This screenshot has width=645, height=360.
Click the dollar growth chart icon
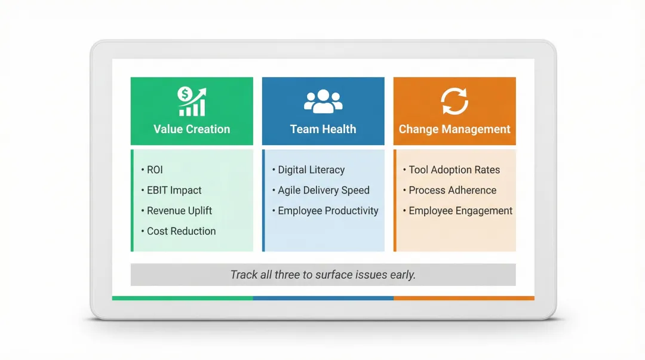pyautogui.click(x=192, y=101)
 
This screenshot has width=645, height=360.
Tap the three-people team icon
pyautogui.click(x=323, y=101)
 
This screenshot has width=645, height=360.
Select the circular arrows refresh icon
pyautogui.click(x=454, y=101)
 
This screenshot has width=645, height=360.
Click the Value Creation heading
pyautogui.click(x=192, y=129)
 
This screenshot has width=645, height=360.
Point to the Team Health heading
pyautogui.click(x=323, y=129)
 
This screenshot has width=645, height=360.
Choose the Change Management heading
pyautogui.click(x=454, y=129)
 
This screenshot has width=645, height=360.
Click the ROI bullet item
pyautogui.click(x=155, y=170)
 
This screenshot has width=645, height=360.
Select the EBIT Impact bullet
pyautogui.click(x=174, y=190)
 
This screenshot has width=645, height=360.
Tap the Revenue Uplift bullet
pyautogui.click(x=179, y=211)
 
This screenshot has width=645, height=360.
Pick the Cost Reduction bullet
pyautogui.click(x=181, y=231)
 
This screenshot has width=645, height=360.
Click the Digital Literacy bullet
pyautogui.click(x=311, y=170)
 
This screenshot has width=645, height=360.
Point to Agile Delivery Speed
pyautogui.click(x=324, y=190)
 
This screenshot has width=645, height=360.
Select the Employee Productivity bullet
pyautogui.click(x=328, y=211)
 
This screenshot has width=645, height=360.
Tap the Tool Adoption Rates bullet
pyautogui.click(x=454, y=170)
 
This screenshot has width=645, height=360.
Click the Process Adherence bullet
pyautogui.click(x=452, y=190)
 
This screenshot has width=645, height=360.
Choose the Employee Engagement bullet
pyautogui.click(x=460, y=211)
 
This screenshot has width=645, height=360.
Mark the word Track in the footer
pyautogui.click(x=244, y=275)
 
